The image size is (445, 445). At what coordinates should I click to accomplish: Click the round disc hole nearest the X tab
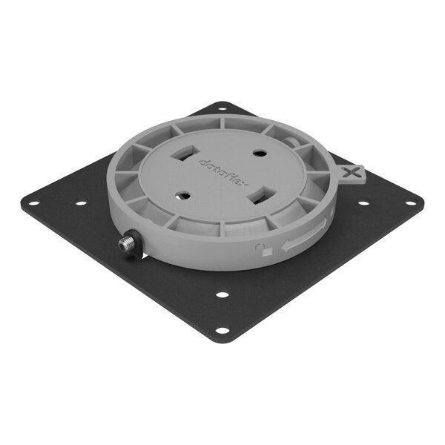coord(260,154)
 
